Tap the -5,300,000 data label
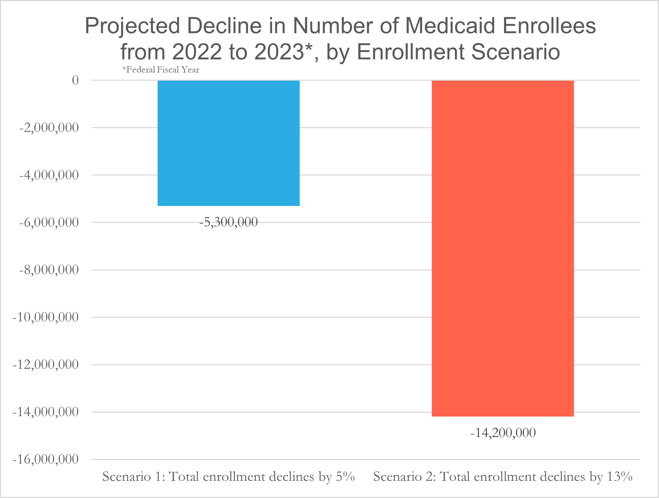click(x=229, y=222)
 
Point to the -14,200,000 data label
click(x=503, y=433)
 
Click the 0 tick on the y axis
click(x=75, y=80)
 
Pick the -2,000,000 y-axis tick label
click(x=49, y=128)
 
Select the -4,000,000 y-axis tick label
click(x=49, y=175)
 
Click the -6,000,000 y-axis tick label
click(x=49, y=222)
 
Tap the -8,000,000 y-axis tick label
click(x=49, y=270)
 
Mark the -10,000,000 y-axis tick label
click(x=46, y=317)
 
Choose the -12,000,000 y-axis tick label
click(x=46, y=365)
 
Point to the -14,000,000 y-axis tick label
click(x=46, y=412)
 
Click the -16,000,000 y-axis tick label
click(x=46, y=459)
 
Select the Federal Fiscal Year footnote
click(x=161, y=70)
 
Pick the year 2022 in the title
click(x=197, y=52)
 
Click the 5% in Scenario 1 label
click(x=345, y=477)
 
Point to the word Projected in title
click(x=132, y=26)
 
